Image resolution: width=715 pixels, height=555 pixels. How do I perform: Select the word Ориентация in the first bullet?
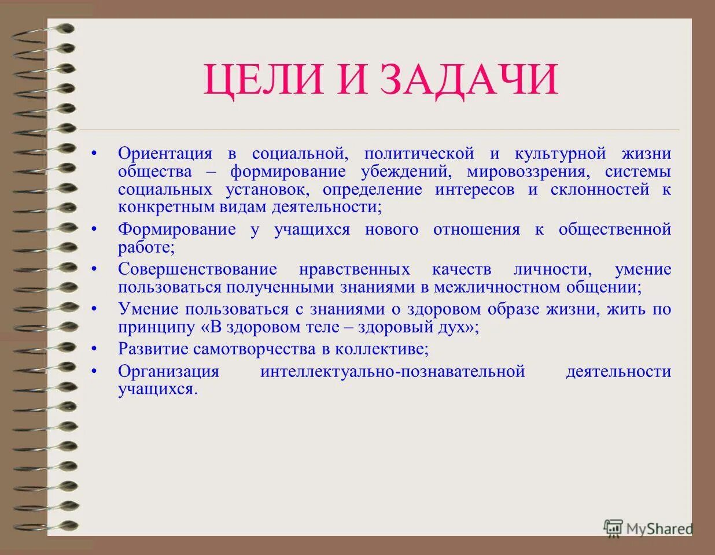(165, 154)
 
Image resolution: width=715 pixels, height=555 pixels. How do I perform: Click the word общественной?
(614, 230)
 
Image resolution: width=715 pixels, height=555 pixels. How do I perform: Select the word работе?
(145, 247)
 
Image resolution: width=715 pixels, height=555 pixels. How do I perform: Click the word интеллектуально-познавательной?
(392, 371)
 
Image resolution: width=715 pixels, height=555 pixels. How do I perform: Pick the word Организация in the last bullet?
(168, 371)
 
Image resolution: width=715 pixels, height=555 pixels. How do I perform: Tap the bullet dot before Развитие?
(94, 349)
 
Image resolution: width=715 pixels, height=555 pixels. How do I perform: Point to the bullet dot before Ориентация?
(94, 154)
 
